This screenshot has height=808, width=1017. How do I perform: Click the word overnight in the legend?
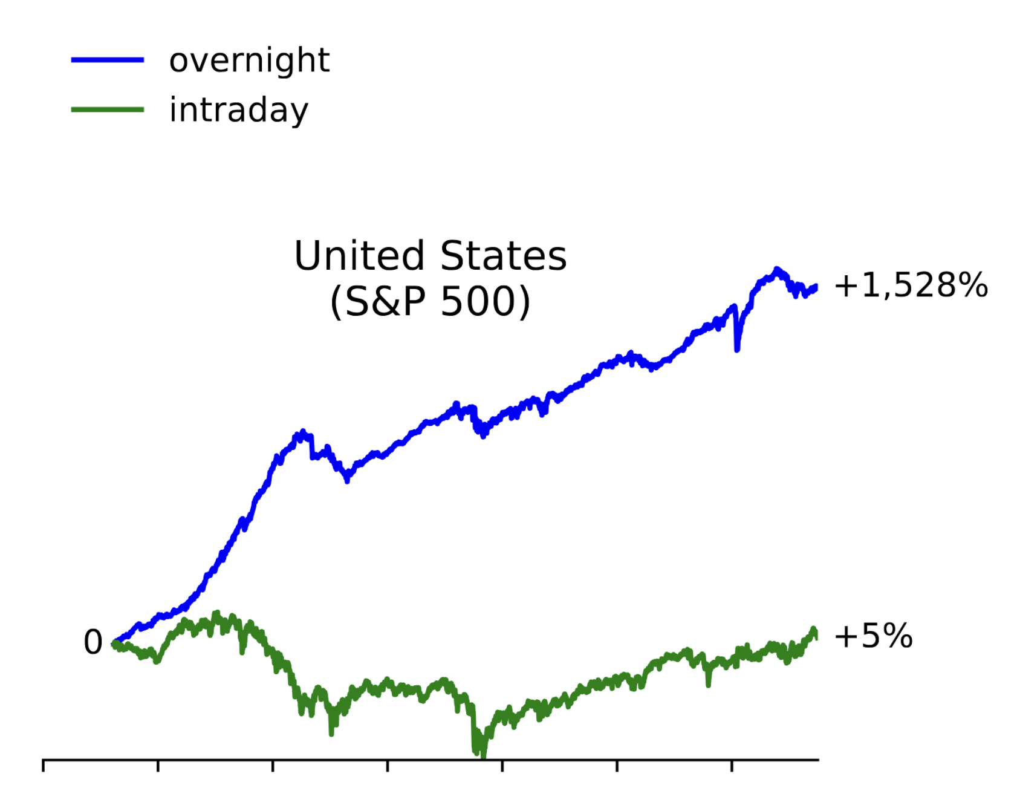(249, 60)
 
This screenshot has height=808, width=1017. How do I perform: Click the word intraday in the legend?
(238, 110)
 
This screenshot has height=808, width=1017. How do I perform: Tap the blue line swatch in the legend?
(108, 60)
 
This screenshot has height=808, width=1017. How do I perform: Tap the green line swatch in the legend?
(108, 109)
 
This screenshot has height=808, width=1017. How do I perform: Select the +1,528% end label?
(910, 285)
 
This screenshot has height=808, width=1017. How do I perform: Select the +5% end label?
(872, 636)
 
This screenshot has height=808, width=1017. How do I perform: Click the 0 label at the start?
(93, 642)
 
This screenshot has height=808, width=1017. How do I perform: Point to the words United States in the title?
(430, 256)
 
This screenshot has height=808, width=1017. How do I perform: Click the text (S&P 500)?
(430, 301)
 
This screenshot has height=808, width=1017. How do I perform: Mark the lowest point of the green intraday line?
(483, 755)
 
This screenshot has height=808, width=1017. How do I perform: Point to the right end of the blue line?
(816, 287)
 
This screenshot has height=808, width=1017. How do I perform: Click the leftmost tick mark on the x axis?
(44, 766)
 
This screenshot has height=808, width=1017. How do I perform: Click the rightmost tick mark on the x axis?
(732, 766)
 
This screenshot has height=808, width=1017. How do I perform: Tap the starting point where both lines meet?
(114, 643)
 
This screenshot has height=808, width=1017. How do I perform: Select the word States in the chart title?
(503, 256)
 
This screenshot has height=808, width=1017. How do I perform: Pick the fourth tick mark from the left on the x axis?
(388, 766)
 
